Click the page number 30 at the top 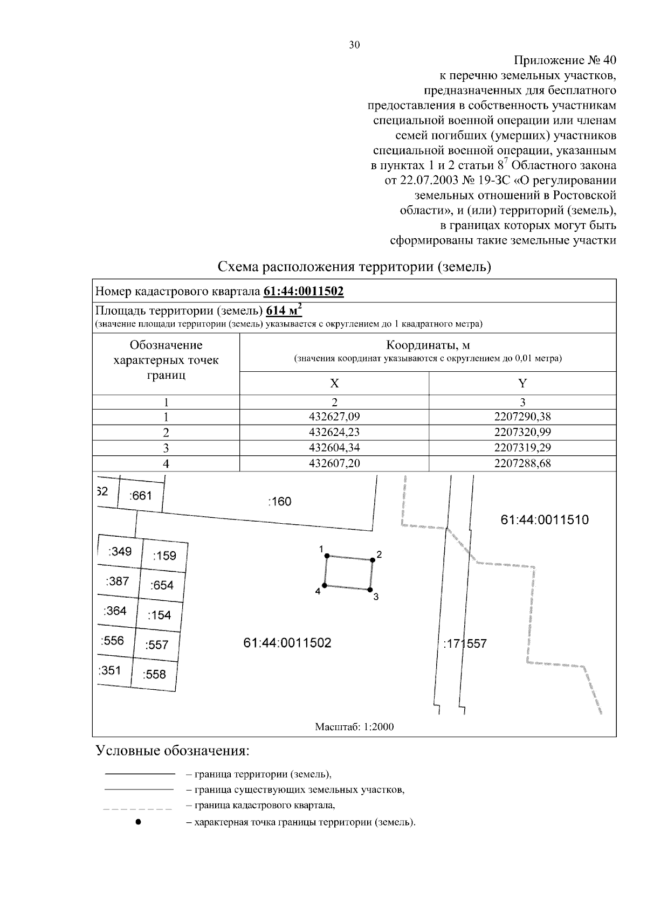(354, 45)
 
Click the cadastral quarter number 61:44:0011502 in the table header (304, 292)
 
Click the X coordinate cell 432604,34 (334, 448)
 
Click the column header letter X (334, 383)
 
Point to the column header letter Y (522, 383)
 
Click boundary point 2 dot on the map (372, 560)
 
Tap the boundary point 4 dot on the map (325, 585)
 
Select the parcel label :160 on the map (279, 502)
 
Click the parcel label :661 (141, 496)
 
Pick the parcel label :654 (162, 585)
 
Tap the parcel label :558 (154, 674)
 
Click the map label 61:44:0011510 (545, 520)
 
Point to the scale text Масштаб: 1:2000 (354, 727)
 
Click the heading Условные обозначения (173, 751)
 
